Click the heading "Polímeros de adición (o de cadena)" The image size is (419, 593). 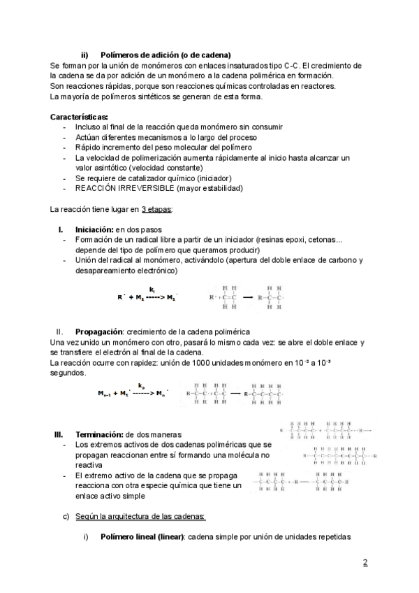click(x=166, y=55)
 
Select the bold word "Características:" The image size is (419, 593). click(x=79, y=117)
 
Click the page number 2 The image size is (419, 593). click(x=365, y=563)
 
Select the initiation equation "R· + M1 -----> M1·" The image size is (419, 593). click(x=147, y=297)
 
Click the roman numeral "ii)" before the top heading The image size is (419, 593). click(x=85, y=55)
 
